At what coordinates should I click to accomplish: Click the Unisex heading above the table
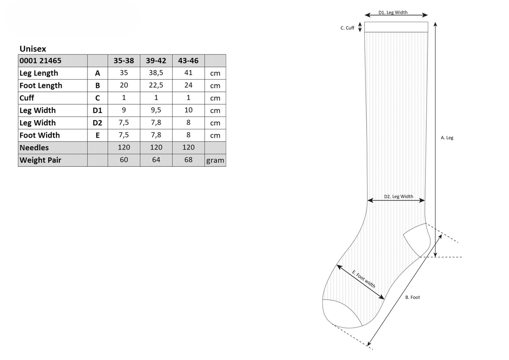[x=33, y=49]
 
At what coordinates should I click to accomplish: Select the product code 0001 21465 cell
[x=41, y=61]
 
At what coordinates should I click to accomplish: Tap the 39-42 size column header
[x=156, y=61]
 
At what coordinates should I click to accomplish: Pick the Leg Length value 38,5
[x=156, y=73]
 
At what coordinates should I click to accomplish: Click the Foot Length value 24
[x=188, y=85]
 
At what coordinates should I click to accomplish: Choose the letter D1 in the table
[x=97, y=111]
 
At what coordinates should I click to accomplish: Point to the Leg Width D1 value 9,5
[x=156, y=110]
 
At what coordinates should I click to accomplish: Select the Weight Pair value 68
[x=188, y=160]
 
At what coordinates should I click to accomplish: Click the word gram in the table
[x=215, y=160]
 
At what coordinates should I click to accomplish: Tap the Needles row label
[x=34, y=148]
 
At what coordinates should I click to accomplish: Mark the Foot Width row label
[x=39, y=135]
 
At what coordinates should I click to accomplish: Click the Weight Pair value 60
[x=124, y=160]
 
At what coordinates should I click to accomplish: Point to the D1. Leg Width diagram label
[x=393, y=12]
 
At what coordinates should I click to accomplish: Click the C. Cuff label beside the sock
[x=347, y=28]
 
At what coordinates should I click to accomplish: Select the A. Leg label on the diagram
[x=447, y=138]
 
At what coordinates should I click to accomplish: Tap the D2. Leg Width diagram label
[x=398, y=197]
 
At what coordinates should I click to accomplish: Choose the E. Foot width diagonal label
[x=363, y=279]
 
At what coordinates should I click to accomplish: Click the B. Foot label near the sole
[x=413, y=297]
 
